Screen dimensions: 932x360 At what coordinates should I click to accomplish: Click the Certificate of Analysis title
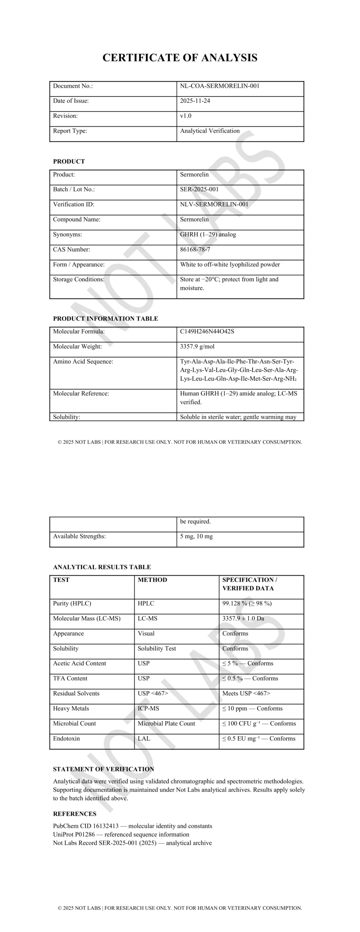(x=180, y=58)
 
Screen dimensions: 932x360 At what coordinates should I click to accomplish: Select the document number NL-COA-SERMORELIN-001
(x=219, y=86)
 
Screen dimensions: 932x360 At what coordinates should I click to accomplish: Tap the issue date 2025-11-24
(x=195, y=101)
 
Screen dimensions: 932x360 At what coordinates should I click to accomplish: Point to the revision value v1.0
(x=186, y=116)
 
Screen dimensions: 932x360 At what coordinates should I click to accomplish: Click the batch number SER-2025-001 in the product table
(x=199, y=189)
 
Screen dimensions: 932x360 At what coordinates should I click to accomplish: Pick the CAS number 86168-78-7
(x=195, y=249)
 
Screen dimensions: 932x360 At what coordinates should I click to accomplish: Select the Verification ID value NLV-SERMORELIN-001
(x=214, y=204)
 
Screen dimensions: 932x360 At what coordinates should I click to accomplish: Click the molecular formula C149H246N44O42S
(x=207, y=331)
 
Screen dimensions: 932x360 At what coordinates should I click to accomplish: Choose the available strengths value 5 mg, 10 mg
(x=196, y=536)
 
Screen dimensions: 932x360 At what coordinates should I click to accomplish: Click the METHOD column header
(x=152, y=580)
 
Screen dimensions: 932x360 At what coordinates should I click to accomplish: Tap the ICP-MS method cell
(x=148, y=708)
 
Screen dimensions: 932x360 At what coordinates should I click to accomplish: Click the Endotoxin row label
(x=66, y=738)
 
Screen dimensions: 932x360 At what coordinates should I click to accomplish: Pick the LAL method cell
(x=144, y=738)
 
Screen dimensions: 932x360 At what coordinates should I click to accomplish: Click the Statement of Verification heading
(x=103, y=769)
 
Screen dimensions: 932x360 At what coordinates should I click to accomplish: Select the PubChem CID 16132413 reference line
(x=132, y=826)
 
